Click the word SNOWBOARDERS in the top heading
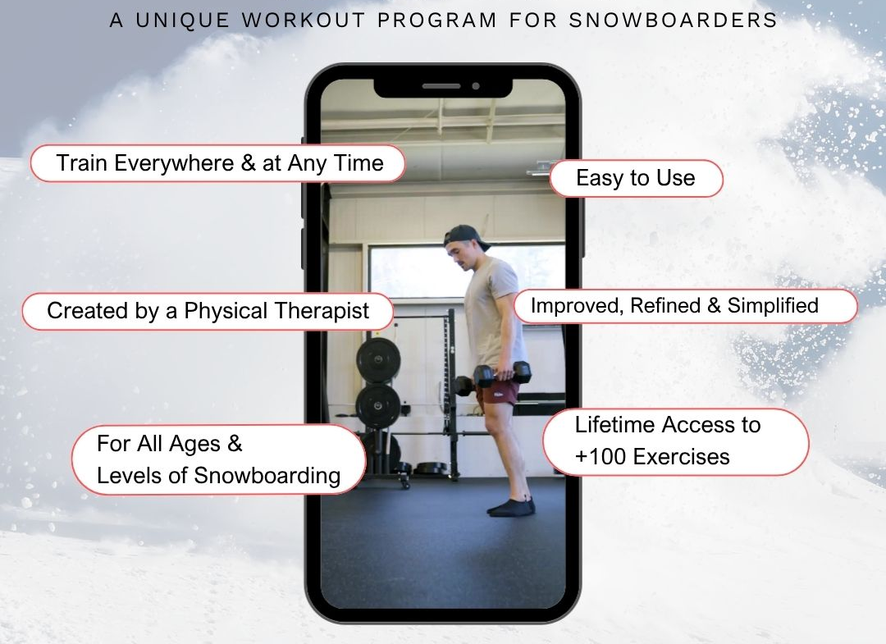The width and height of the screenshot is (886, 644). coord(673,21)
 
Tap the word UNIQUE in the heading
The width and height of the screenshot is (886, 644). coord(182,21)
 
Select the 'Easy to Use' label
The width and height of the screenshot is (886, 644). coord(637,179)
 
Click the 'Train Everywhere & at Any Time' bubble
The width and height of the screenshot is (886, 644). coord(217,163)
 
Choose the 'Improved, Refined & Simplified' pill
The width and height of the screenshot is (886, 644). coord(685,306)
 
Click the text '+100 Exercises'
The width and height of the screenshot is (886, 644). coord(652,457)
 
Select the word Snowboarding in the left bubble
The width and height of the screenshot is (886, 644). coord(267,476)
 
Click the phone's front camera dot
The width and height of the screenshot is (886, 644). coord(476,86)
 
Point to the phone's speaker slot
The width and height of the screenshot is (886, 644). coord(441,86)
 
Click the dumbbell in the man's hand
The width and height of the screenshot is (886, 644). coord(502,374)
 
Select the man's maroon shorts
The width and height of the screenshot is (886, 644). coord(497,391)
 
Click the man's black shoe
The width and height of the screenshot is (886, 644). coord(511,507)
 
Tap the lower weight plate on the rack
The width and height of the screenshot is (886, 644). coord(378,405)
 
